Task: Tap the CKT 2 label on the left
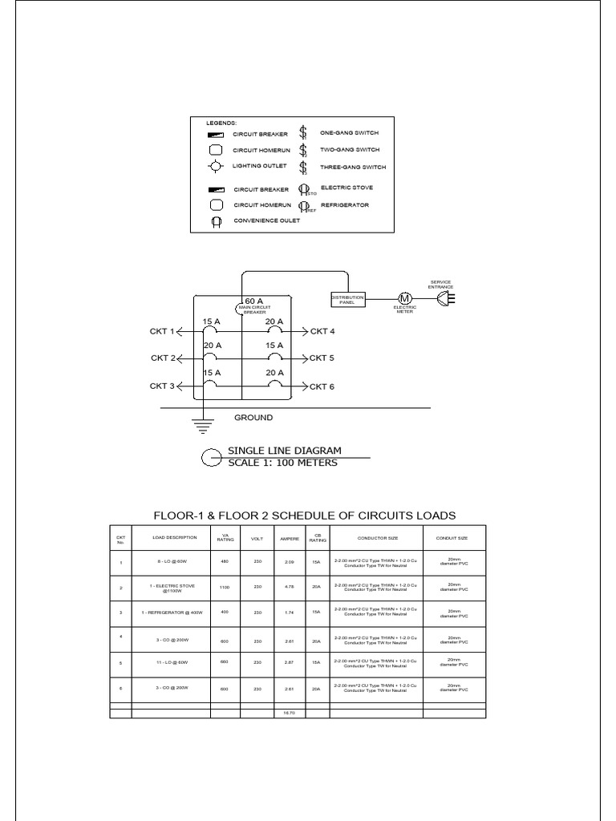(162, 358)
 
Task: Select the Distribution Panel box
(347, 299)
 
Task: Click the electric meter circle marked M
(404, 299)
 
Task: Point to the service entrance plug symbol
(444, 299)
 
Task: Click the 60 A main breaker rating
(254, 301)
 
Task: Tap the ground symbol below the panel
(205, 427)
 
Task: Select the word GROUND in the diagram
(253, 418)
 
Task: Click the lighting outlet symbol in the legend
(215, 167)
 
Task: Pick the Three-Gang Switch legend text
(353, 168)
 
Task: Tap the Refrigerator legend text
(344, 205)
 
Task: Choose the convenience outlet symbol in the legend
(215, 222)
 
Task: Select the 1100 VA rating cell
(225, 588)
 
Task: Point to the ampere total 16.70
(290, 712)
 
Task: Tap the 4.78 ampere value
(290, 588)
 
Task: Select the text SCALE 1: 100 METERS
(283, 462)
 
